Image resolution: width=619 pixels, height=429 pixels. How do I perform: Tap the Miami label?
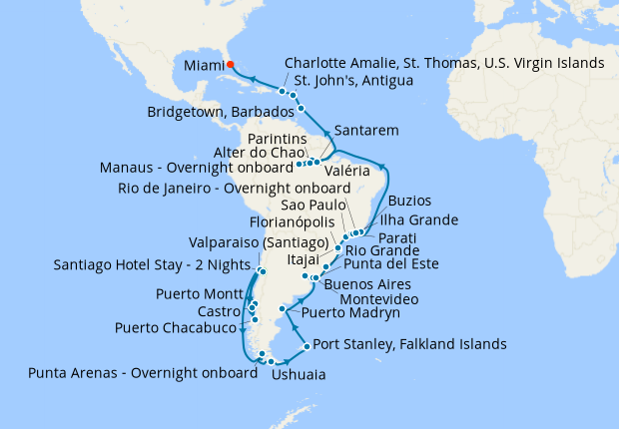click(203, 66)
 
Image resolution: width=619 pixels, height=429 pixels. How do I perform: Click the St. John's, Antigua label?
click(348, 81)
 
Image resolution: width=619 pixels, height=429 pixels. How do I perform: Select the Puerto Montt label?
click(199, 295)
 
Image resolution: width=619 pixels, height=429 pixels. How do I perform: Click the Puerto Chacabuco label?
click(175, 327)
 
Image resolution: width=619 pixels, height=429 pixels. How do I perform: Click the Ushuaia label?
click(297, 376)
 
